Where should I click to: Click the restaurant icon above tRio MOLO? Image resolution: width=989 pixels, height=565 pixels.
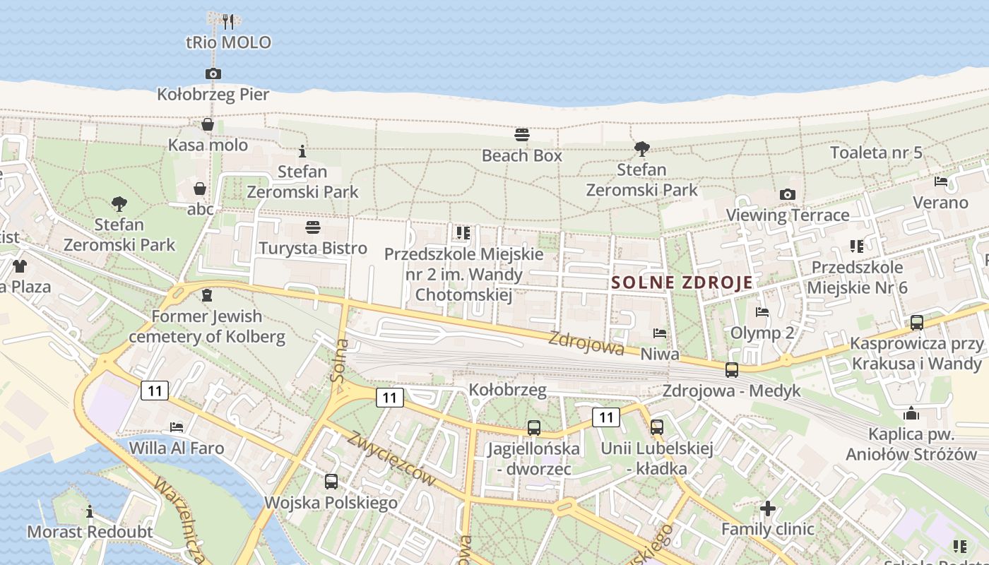pyautogui.click(x=227, y=21)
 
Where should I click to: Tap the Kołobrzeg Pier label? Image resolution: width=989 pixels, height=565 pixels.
pyautogui.click(x=213, y=94)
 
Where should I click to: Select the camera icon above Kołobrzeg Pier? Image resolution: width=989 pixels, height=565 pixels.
pyautogui.click(x=213, y=73)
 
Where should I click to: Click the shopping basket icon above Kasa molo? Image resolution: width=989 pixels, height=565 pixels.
pyautogui.click(x=208, y=125)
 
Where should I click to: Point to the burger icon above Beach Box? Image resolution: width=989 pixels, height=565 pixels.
pyautogui.click(x=522, y=135)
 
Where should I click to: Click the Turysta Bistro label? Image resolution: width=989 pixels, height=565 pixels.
pyautogui.click(x=313, y=248)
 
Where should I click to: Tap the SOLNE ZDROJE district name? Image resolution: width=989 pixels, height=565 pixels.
pyautogui.click(x=682, y=282)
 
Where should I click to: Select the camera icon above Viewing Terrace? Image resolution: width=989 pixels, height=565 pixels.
pyautogui.click(x=788, y=194)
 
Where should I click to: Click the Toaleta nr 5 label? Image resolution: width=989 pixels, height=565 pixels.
pyautogui.click(x=876, y=152)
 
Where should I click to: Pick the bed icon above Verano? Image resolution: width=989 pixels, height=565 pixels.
pyautogui.click(x=941, y=182)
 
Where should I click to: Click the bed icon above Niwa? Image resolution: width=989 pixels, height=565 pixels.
pyautogui.click(x=660, y=333)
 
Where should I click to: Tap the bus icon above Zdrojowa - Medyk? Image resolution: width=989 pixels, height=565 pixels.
pyautogui.click(x=732, y=369)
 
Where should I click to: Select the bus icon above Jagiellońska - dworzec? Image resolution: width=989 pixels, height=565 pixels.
pyautogui.click(x=534, y=427)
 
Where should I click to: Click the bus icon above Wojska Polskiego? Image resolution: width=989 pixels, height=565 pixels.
pyautogui.click(x=331, y=482)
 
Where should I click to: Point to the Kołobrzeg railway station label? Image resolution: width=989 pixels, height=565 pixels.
pyautogui.click(x=508, y=390)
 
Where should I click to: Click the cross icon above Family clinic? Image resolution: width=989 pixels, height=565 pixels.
pyautogui.click(x=768, y=509)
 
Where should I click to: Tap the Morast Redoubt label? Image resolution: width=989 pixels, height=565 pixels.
pyautogui.click(x=90, y=531)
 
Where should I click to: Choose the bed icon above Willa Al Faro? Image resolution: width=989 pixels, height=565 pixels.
pyautogui.click(x=177, y=427)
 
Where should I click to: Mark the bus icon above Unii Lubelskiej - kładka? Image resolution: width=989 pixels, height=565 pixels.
pyautogui.click(x=657, y=427)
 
